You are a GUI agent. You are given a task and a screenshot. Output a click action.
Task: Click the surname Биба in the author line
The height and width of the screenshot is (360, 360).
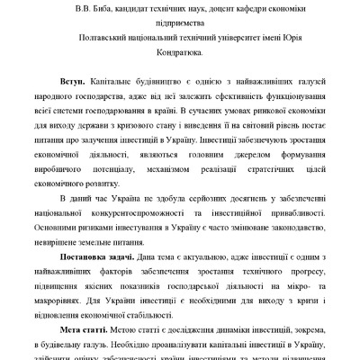114,10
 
